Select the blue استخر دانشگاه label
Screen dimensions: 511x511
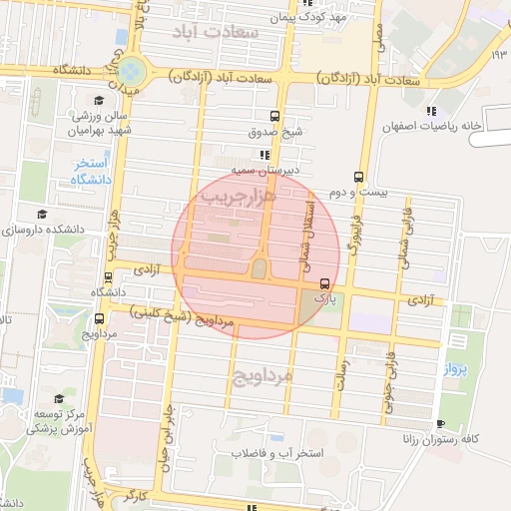pos(90,171)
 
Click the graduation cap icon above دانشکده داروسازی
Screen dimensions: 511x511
pos(41,214)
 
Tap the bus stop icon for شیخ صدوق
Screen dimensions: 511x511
pos(274,115)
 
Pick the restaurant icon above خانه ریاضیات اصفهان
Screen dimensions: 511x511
pos(431,111)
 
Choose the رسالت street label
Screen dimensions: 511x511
pos(342,377)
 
